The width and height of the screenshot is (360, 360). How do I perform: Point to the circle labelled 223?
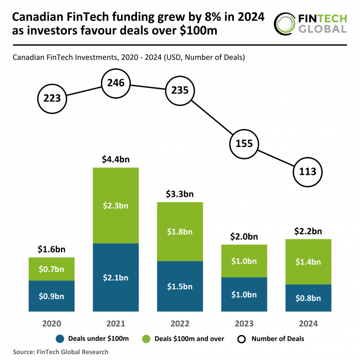click(52, 98)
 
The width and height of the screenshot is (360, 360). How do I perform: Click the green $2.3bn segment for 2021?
click(116, 205)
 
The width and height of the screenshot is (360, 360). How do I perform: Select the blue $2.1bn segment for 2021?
click(116, 278)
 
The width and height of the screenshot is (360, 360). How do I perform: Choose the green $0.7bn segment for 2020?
click(52, 269)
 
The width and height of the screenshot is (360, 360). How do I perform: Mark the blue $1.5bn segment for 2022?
click(179, 287)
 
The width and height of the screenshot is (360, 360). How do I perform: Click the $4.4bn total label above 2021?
click(116, 160)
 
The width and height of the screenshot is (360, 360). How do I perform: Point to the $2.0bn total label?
click(244, 236)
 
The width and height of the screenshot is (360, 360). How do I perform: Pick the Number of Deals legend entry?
click(272, 339)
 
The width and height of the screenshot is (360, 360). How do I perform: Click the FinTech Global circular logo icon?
click(286, 23)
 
